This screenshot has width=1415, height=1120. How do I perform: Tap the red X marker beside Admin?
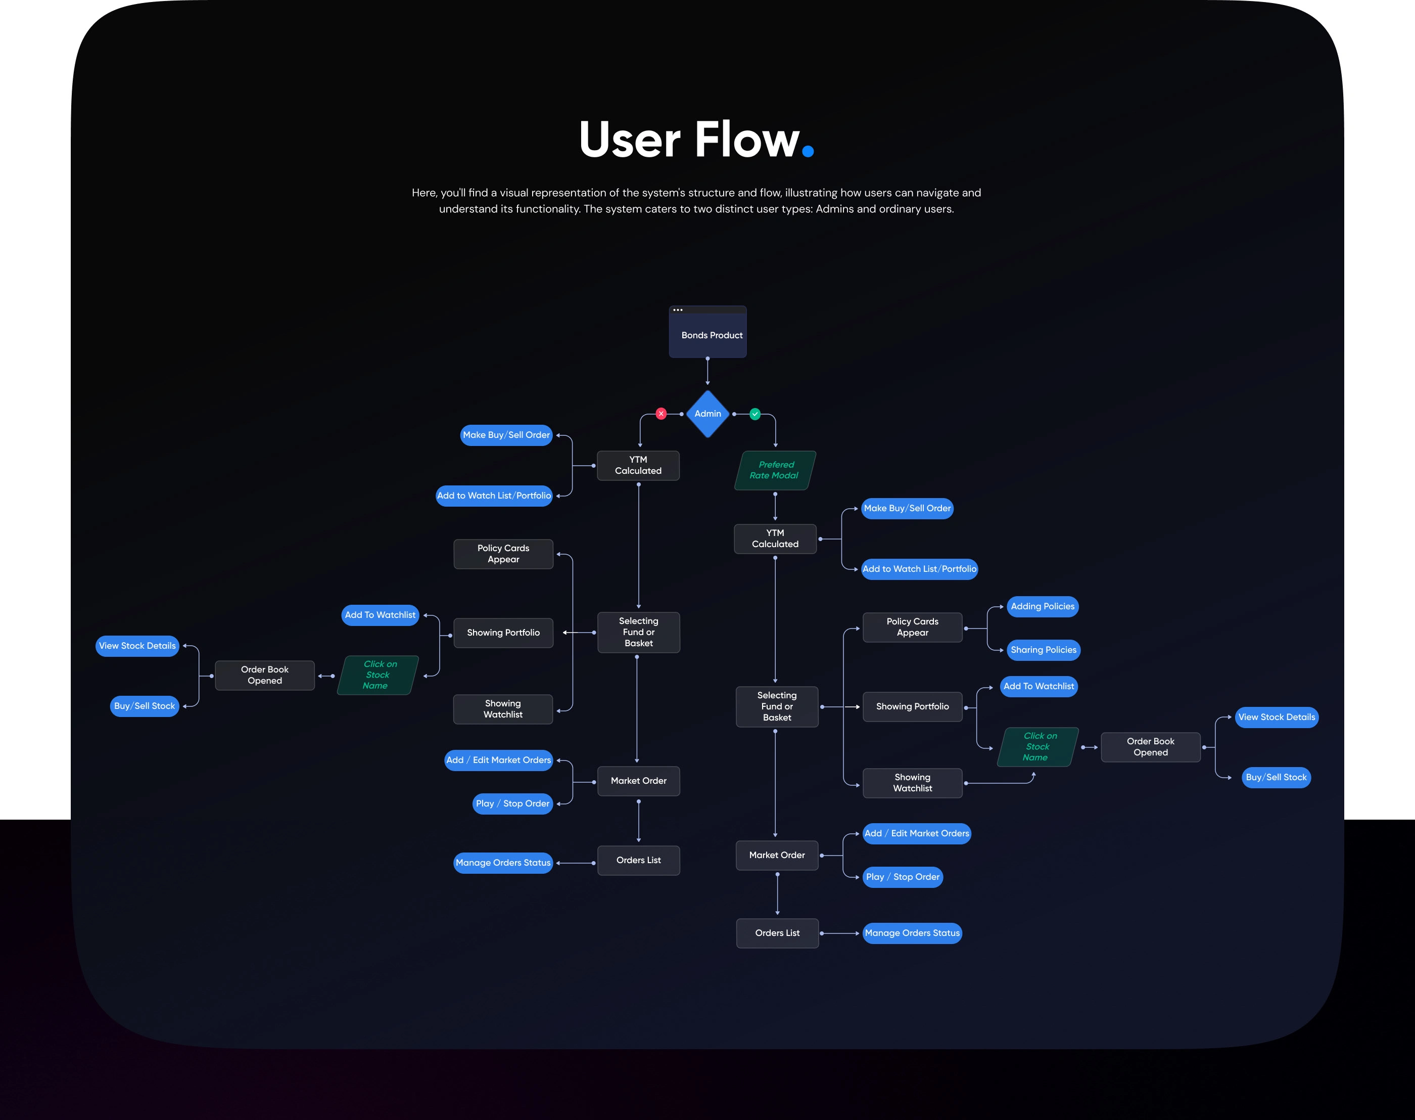pos(661,414)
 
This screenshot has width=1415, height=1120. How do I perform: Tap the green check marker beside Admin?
pos(755,414)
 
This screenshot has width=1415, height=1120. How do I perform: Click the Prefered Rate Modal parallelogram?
pos(775,470)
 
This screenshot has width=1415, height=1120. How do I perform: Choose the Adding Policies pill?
pos(1042,607)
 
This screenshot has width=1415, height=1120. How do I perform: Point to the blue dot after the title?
pos(808,152)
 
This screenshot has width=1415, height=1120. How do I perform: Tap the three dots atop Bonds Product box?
pos(678,310)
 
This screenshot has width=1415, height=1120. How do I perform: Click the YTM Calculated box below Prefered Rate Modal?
pos(775,539)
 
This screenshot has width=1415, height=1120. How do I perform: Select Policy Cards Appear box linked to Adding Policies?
pos(912,628)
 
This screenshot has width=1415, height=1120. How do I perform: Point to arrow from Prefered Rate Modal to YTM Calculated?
pos(775,506)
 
